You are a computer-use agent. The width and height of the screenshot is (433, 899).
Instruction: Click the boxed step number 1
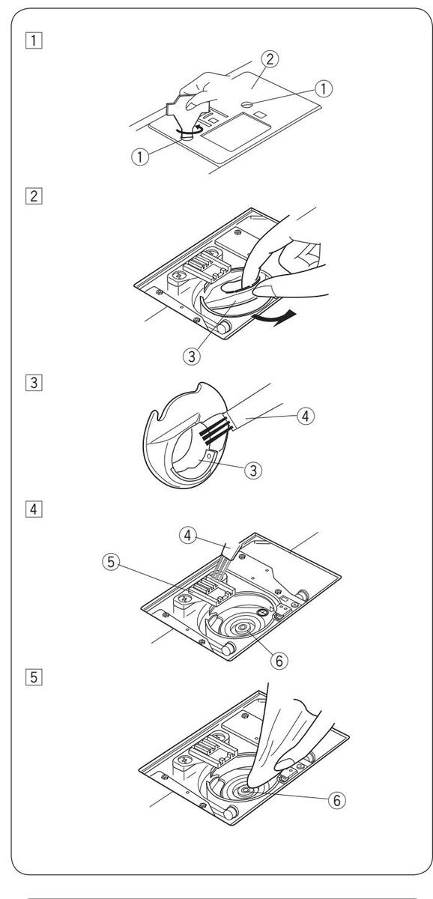34,40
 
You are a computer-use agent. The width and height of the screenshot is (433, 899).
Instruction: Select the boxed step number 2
34,196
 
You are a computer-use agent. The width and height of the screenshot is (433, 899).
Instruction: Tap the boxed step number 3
34,383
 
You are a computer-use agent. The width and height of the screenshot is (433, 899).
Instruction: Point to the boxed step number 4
34,509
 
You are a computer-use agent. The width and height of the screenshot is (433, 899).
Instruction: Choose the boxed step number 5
34,677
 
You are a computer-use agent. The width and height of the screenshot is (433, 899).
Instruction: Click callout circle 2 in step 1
270,59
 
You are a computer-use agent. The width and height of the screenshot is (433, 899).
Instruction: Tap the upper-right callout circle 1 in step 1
324,88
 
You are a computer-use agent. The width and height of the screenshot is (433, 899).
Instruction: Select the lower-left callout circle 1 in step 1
140,157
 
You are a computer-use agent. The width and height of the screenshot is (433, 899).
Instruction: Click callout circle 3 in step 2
192,356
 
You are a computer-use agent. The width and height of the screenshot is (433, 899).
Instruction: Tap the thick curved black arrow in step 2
274,318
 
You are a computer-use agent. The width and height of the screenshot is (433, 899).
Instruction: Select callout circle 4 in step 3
306,417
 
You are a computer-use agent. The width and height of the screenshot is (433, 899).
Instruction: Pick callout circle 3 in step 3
253,470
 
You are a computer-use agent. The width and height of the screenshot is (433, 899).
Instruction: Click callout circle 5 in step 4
111,561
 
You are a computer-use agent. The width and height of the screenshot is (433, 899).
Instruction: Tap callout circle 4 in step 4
188,536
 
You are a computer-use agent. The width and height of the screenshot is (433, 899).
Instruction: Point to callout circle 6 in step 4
279,660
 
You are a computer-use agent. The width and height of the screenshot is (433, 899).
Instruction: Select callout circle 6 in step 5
337,800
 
